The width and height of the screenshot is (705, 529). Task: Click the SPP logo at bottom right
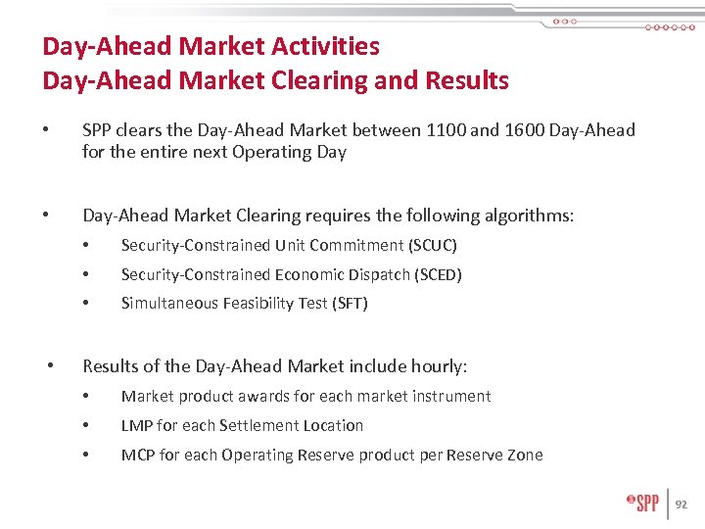pyautogui.click(x=644, y=504)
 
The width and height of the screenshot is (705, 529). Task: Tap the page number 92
pyautogui.click(x=682, y=505)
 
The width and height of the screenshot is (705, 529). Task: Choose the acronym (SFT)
pyautogui.click(x=351, y=304)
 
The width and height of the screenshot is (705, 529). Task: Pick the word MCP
pyautogui.click(x=139, y=455)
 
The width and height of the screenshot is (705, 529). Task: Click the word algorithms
pyautogui.click(x=526, y=216)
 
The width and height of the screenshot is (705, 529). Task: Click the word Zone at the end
pyautogui.click(x=524, y=455)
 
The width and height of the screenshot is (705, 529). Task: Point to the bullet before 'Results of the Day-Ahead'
pyautogui.click(x=52, y=366)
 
